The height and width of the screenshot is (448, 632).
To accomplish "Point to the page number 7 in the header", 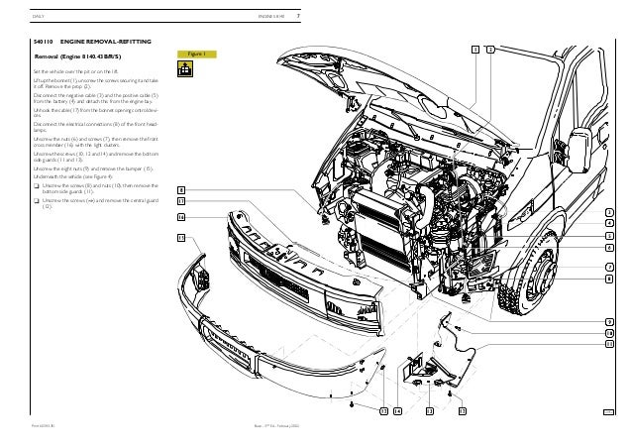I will [299, 15].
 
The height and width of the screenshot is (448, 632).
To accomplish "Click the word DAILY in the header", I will [40, 15].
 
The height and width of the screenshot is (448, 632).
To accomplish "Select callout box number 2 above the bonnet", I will [490, 49].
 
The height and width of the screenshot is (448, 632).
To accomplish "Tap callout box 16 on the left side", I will [181, 215].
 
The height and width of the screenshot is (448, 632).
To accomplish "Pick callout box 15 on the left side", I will [181, 238].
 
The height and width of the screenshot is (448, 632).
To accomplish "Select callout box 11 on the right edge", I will [609, 344].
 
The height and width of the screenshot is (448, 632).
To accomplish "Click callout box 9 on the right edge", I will [609, 321].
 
